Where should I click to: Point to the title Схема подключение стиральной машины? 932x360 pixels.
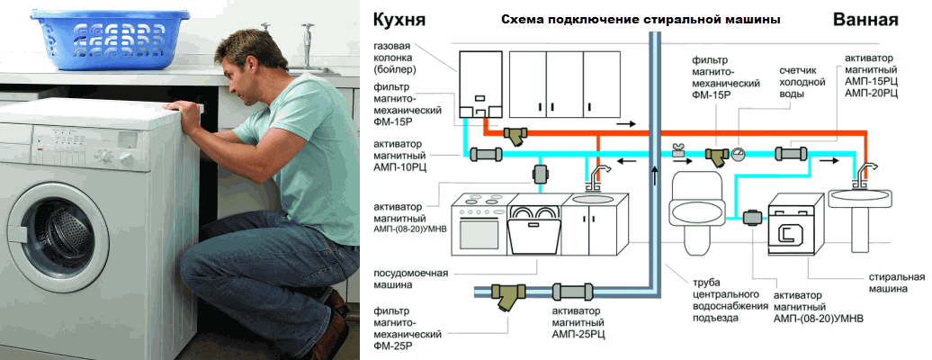(x=639, y=19)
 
